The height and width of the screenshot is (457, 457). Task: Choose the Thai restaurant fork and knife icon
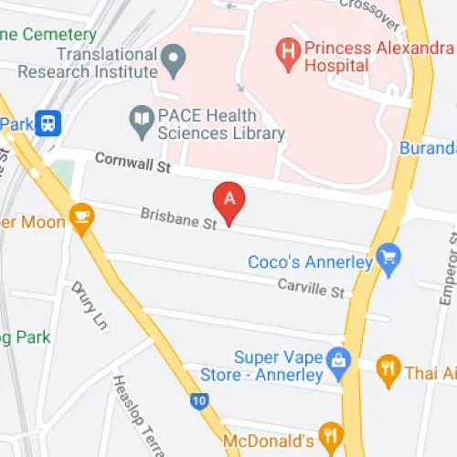coord(388,368)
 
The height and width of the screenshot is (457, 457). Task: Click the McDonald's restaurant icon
coord(330,433)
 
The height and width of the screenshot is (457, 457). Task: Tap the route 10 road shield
coord(199,399)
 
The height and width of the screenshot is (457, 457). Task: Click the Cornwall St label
coord(133,163)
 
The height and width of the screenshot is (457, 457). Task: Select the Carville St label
coord(313,288)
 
